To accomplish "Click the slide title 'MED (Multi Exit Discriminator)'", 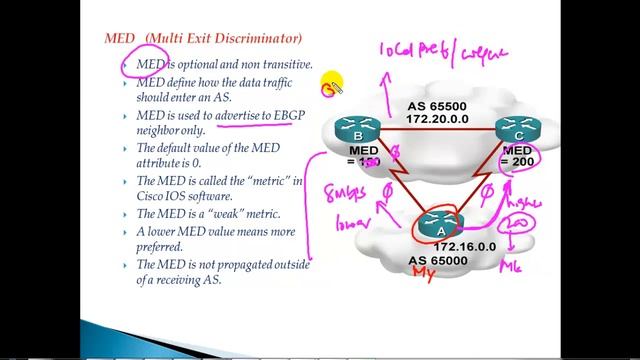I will [x=203, y=39].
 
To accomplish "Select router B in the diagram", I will [x=357, y=129].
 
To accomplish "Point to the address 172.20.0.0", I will [x=436, y=118].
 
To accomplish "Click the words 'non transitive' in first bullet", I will [x=269, y=64].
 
